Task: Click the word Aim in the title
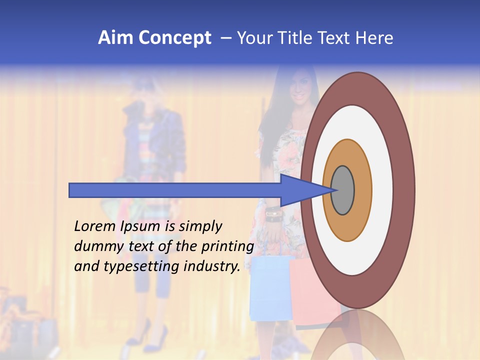115,38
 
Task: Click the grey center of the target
343,190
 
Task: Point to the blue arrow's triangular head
300,190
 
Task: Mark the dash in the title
226,38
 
